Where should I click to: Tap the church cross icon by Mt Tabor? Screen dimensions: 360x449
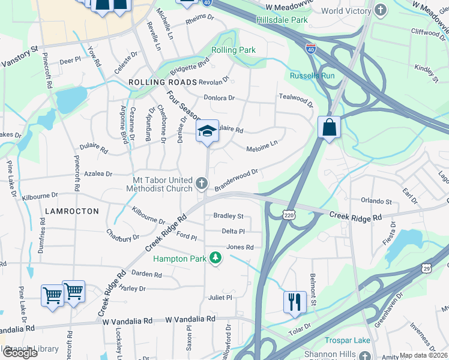click(202, 182)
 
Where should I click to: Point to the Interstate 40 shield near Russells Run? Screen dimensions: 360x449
click(311, 48)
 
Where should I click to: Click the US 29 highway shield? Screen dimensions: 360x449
click(427, 266)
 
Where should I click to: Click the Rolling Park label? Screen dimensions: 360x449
click(234, 50)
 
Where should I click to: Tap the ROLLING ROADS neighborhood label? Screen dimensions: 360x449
click(163, 82)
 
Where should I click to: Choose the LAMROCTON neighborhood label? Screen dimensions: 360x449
click(67, 211)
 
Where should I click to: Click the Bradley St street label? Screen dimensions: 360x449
click(228, 216)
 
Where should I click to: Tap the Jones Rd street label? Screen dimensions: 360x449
click(240, 247)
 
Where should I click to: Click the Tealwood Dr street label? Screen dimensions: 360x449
click(296, 100)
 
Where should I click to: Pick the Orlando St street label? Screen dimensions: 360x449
click(376, 202)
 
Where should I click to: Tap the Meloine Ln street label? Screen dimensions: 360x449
click(262, 146)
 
